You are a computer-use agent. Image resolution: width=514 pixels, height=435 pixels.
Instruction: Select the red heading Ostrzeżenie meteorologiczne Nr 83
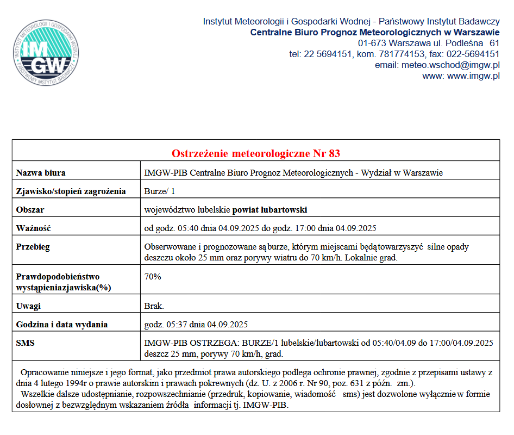pos(256,153)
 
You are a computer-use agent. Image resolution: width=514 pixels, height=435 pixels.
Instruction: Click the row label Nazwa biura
pos(41,173)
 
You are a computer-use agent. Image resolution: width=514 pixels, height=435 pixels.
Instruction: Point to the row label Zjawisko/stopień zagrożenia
pos(71,191)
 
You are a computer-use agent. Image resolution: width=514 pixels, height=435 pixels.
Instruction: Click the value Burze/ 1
pos(160,191)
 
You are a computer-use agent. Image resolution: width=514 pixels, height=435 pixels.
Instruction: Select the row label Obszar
pos(30,209)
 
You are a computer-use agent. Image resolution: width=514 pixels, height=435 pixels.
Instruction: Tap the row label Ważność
pos(33,228)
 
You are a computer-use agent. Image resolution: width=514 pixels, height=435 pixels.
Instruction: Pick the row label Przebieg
pos(33,247)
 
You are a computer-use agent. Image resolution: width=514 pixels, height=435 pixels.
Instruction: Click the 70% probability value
pos(153,276)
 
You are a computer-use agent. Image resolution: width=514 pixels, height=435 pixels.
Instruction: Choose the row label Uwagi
pos(28,306)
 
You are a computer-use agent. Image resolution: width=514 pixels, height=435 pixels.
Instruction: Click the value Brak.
pos(154,306)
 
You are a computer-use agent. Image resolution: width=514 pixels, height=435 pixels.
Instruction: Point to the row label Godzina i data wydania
pos(61,325)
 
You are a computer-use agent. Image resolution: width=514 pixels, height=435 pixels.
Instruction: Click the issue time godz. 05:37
pos(165,325)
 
